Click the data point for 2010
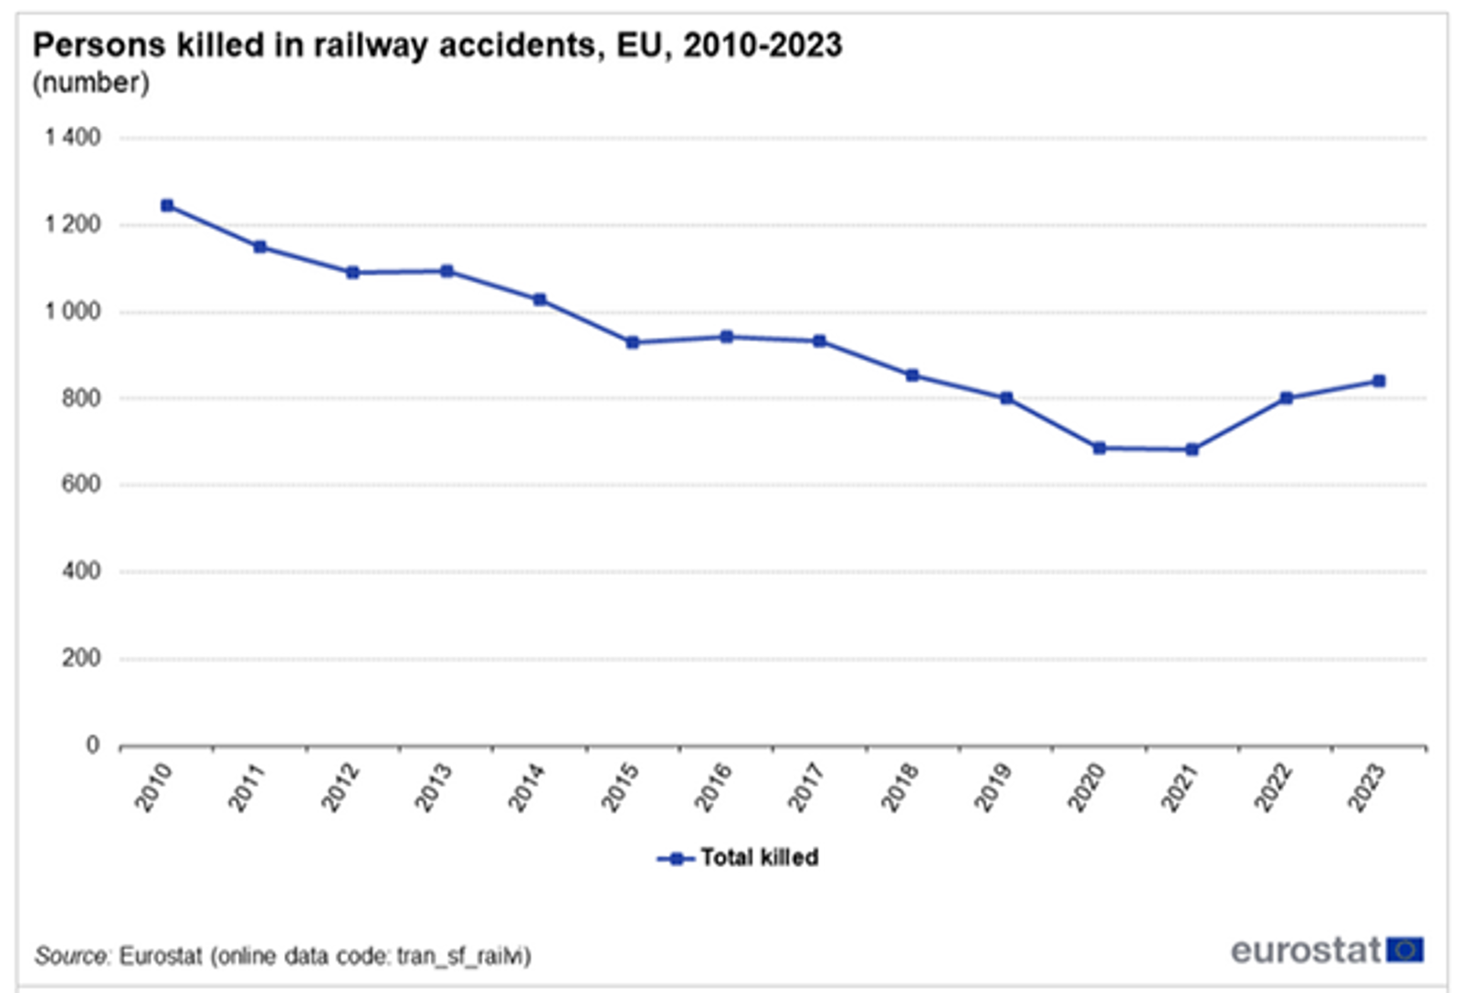167,206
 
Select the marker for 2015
633,343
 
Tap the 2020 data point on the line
1099,448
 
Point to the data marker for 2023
1379,382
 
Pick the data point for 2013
447,271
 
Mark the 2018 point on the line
912,376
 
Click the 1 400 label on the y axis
73,138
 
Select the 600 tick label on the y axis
80,485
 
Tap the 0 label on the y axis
92,745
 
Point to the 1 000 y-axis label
73,311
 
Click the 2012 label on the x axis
340,788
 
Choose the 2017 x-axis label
806,788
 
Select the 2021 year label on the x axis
1179,788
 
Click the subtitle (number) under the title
90,83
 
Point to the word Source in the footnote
71,956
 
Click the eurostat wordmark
1305,950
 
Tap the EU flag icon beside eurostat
1404,950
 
